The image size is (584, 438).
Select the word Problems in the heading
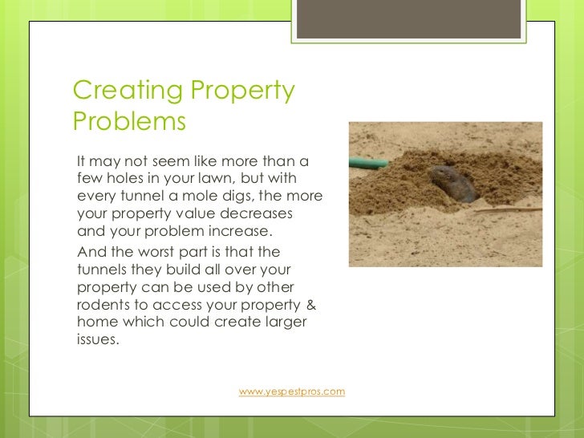129,122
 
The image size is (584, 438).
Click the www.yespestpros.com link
292,391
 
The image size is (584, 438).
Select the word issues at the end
96,339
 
